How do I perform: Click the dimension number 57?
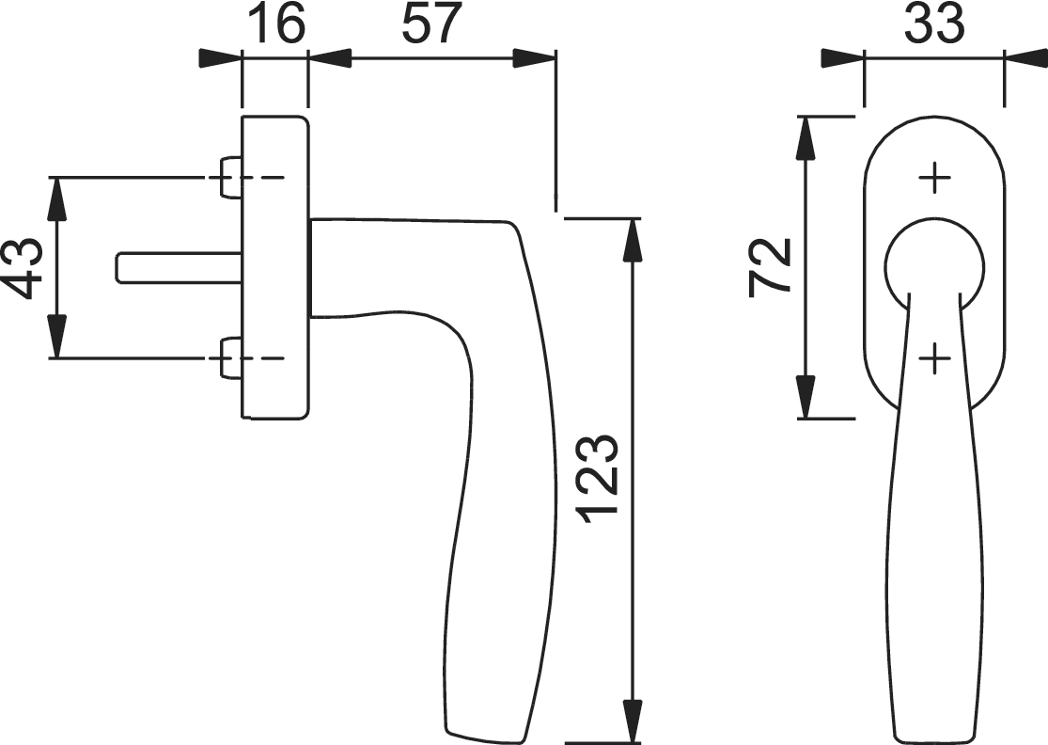(431, 25)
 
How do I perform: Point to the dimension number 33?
(934, 25)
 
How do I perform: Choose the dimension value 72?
(771, 265)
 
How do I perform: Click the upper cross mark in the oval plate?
(934, 178)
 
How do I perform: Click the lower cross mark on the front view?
(934, 359)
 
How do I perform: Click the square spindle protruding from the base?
(180, 267)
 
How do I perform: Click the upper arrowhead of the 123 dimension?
(632, 241)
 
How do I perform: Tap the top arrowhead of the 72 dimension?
(807, 139)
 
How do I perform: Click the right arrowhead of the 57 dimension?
(533, 58)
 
